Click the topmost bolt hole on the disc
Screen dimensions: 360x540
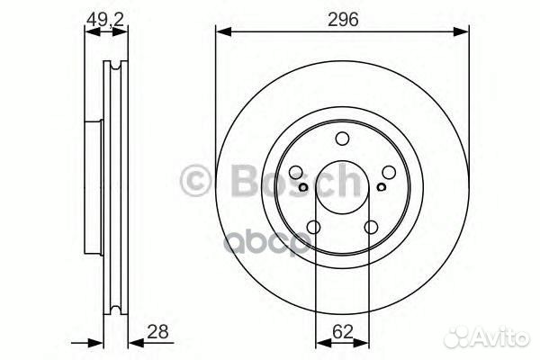point(342,139)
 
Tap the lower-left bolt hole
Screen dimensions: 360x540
point(313,227)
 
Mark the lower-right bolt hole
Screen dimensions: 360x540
point(371,227)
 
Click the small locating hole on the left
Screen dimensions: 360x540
point(305,187)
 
